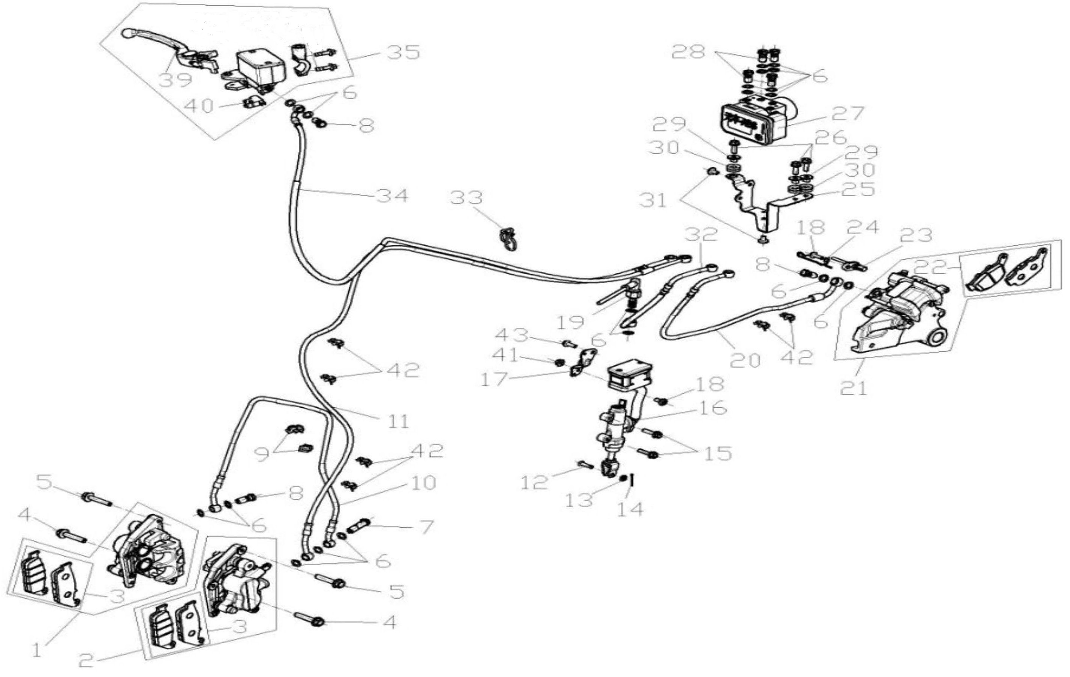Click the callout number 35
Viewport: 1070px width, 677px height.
tap(403, 53)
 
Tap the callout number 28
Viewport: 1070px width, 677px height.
tap(688, 53)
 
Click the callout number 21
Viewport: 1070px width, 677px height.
tap(854, 388)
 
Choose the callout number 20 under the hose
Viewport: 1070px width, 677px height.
tap(745, 360)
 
